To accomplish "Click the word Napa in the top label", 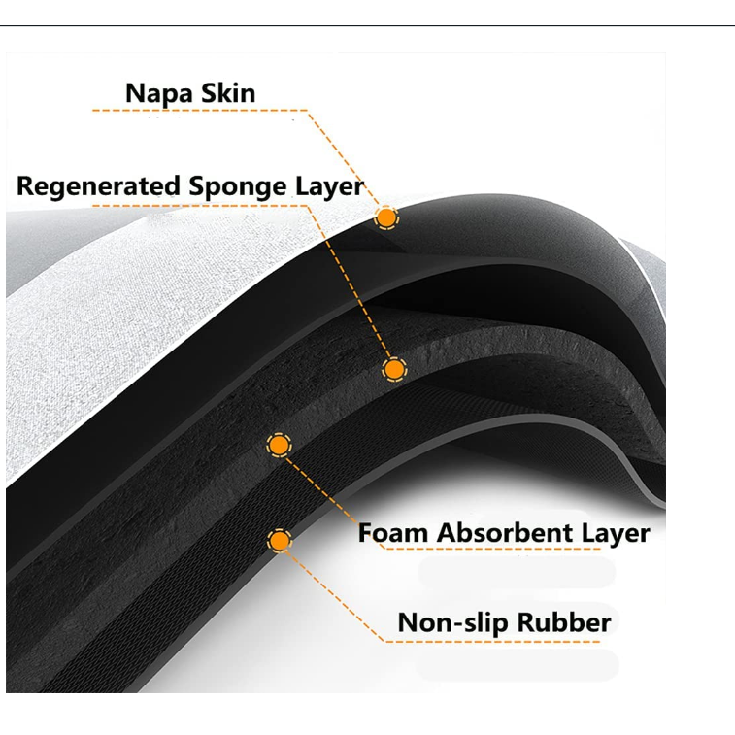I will tap(158, 94).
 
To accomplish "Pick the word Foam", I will tap(393, 532).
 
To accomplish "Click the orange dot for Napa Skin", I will tap(386, 217).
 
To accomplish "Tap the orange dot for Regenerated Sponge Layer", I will tap(393, 369).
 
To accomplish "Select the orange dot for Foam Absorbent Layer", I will tap(279, 445).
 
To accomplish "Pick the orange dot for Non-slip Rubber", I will tap(280, 540).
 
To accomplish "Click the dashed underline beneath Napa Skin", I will tap(194, 111).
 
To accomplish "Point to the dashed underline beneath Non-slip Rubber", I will tap(505, 640).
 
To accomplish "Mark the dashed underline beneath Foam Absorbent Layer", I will tap(505, 550).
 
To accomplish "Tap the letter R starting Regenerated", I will tap(25, 185).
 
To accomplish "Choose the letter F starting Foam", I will tap(366, 532).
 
